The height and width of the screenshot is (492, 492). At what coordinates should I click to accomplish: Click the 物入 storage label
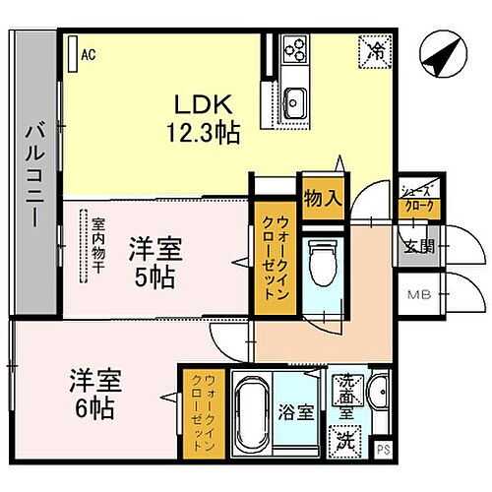[321, 197]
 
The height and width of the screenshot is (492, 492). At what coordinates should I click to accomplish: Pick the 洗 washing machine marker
[346, 432]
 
